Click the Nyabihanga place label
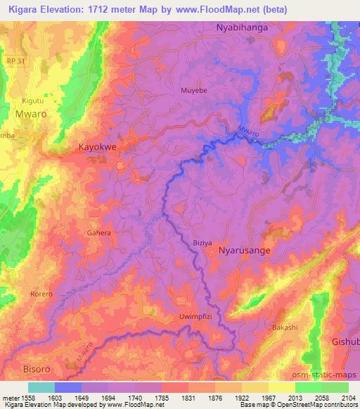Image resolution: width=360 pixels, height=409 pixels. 243,27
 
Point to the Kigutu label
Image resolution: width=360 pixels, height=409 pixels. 33,102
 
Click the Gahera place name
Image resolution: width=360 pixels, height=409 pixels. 98,233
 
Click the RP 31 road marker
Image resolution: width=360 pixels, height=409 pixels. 12,60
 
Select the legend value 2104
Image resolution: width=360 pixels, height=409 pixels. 347,397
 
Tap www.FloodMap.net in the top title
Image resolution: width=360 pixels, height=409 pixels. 254,8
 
